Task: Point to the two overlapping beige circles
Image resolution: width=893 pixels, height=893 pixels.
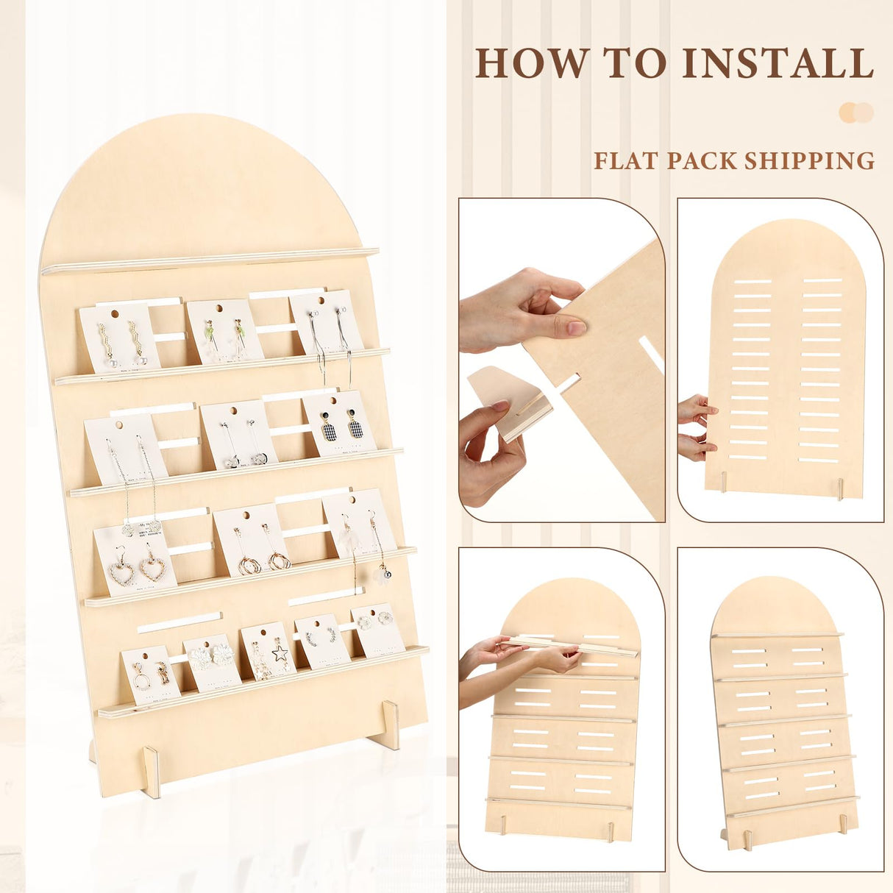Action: (x=856, y=113)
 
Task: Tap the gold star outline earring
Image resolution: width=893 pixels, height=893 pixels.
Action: (x=280, y=652)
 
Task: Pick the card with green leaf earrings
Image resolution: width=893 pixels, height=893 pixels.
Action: (x=224, y=331)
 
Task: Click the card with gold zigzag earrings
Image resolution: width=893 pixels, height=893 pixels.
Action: (x=118, y=339)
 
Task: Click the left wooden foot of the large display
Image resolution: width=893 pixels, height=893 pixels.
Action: (x=152, y=772)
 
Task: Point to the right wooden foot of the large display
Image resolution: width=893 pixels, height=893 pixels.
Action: (x=389, y=724)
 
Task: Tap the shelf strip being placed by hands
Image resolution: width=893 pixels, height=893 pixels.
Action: (x=570, y=647)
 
